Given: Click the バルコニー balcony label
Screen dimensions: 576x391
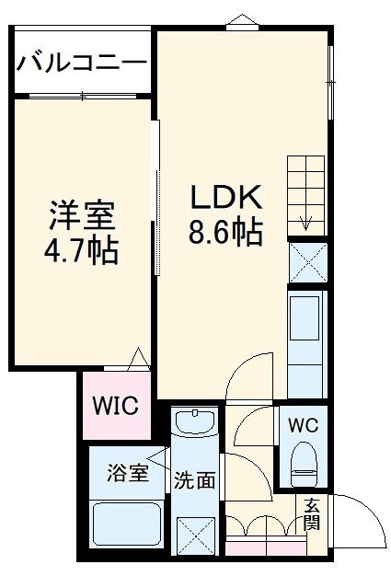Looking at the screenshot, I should pos(81,63).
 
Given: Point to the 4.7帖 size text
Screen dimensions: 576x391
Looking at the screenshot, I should pos(81,249).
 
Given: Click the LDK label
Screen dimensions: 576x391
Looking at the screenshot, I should pos(226,198).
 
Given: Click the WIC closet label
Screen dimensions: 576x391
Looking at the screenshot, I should pos(113,406).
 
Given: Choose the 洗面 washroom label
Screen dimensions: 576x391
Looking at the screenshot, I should pos(194,478).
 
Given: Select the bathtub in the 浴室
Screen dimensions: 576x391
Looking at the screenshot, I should pos(127,526).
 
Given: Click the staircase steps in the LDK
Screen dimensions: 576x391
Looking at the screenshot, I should pos(305,194).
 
